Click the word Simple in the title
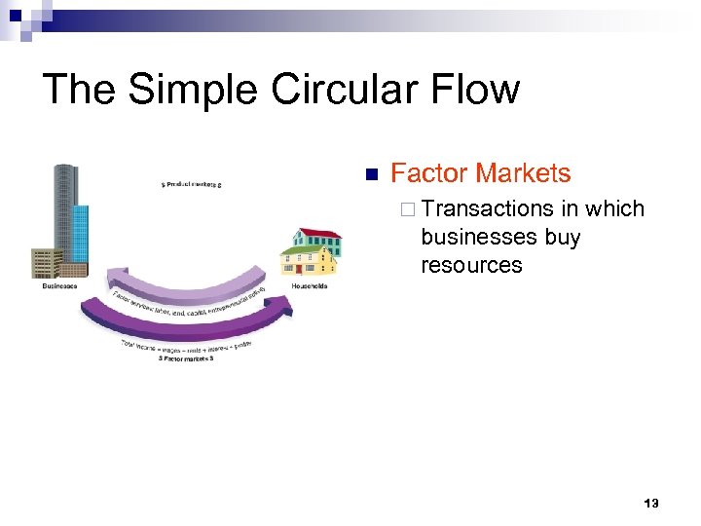pyautogui.click(x=195, y=90)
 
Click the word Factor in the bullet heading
pyautogui.click(x=429, y=173)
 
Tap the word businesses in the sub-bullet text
pyautogui.click(x=471, y=237)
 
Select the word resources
pyautogui.click(x=471, y=265)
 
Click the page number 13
pyautogui.click(x=651, y=504)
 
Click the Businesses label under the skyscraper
pyautogui.click(x=61, y=286)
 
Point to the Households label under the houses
pyautogui.click(x=310, y=285)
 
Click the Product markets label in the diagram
pyautogui.click(x=192, y=183)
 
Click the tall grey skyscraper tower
pyautogui.click(x=65, y=209)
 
